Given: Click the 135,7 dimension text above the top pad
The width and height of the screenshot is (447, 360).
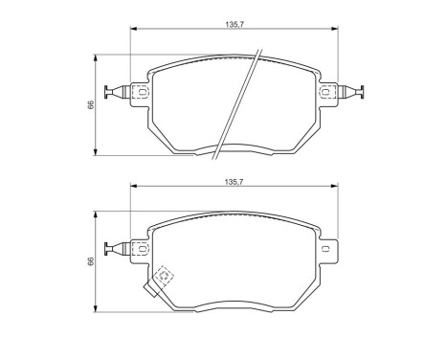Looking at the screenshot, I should [233, 21].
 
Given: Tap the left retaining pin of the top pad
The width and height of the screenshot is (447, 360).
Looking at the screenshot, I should [119, 93].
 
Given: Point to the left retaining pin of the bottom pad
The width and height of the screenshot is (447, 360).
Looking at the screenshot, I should [119, 250].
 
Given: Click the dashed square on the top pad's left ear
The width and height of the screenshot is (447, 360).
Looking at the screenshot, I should [140, 93].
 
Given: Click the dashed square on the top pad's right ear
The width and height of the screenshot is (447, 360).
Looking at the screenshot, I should [327, 93].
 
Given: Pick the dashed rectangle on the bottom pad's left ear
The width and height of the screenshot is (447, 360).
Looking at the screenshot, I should [140, 250].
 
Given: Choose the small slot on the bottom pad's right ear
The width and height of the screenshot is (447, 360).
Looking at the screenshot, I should [326, 250].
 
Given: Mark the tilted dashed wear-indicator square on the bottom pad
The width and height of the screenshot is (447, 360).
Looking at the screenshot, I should [166, 277].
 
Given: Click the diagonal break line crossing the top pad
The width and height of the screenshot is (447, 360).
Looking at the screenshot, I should [237, 101].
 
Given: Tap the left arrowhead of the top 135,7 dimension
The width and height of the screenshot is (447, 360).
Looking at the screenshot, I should [133, 29].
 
